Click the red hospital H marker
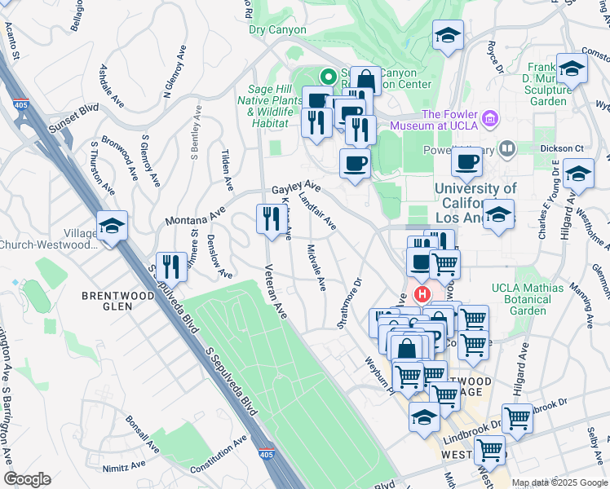click(422, 294)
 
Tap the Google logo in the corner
click(27, 479)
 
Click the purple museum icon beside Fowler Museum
click(490, 120)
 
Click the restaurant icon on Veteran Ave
click(271, 218)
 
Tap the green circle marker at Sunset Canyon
click(328, 78)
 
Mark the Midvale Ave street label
click(316, 269)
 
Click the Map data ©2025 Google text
click(559, 483)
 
